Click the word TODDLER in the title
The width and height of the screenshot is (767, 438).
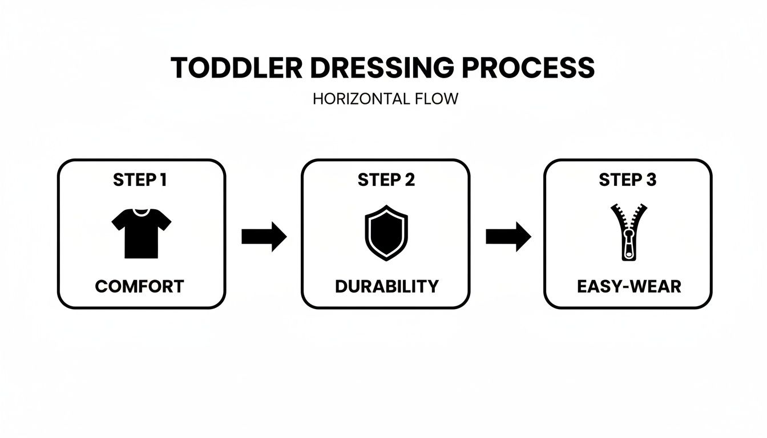pos(237,68)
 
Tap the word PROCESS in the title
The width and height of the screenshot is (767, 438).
pos(528,68)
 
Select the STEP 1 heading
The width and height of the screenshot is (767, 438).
pos(140,180)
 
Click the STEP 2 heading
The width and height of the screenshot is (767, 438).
pos(386,180)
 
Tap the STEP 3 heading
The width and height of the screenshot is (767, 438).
pos(628,180)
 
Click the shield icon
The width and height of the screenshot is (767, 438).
pos(386,233)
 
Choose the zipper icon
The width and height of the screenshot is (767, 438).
pos(628,232)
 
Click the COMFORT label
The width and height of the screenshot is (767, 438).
pos(140,286)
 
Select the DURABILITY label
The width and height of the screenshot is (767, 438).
pos(386,286)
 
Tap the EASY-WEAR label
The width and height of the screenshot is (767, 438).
pos(629,286)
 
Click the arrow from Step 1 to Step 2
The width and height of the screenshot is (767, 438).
pos(264,236)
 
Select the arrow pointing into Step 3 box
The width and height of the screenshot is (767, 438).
pos(508,236)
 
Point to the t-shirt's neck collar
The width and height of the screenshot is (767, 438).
pos(140,212)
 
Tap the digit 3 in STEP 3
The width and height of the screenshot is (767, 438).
pos(651,180)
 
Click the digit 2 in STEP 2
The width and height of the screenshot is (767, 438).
pos(410,180)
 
